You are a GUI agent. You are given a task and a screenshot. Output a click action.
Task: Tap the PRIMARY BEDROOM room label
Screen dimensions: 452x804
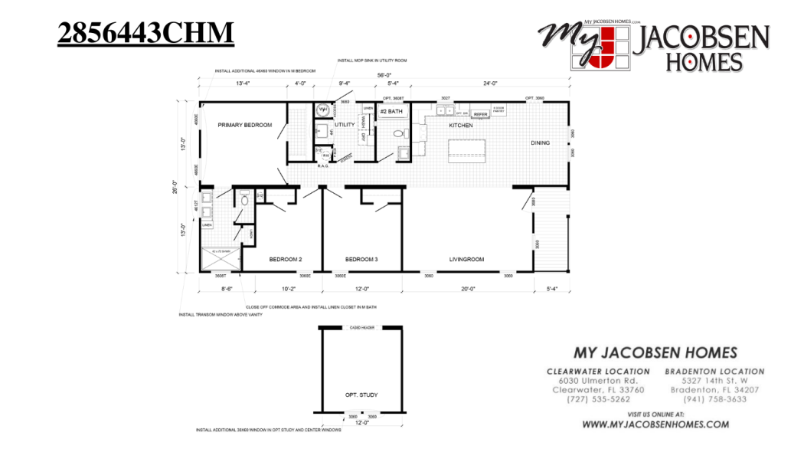pyautogui.click(x=244, y=125)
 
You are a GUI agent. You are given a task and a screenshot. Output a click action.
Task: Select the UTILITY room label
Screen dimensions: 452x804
pyautogui.click(x=345, y=124)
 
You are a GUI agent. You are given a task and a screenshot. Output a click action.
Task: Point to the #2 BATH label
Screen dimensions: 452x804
pyautogui.click(x=391, y=112)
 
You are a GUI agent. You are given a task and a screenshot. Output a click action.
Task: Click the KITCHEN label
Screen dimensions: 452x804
pyautogui.click(x=461, y=125)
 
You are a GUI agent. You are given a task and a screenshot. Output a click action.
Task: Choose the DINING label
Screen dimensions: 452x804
pyautogui.click(x=541, y=142)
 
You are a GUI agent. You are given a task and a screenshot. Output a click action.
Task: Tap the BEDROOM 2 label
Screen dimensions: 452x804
pyautogui.click(x=285, y=260)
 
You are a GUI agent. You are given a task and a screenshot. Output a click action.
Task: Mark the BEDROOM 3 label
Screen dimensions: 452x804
pyautogui.click(x=361, y=260)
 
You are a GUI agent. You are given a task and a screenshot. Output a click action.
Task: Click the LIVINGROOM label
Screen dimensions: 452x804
pyautogui.click(x=466, y=260)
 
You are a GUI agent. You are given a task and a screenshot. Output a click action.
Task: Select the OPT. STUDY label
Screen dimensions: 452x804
pyautogui.click(x=361, y=395)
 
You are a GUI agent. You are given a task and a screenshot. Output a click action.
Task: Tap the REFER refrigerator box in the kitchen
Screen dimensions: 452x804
pyautogui.click(x=481, y=114)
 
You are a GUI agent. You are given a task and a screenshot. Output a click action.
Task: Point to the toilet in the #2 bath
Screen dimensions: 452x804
pyautogui.click(x=398, y=134)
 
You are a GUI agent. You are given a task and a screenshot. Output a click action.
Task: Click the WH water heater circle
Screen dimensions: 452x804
pyautogui.click(x=323, y=110)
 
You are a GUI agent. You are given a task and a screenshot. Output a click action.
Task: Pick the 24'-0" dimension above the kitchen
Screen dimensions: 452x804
pyautogui.click(x=490, y=84)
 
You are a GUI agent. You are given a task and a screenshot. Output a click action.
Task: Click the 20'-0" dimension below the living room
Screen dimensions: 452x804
pyautogui.click(x=468, y=289)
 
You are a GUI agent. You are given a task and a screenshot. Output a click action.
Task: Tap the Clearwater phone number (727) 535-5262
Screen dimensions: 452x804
pyautogui.click(x=598, y=399)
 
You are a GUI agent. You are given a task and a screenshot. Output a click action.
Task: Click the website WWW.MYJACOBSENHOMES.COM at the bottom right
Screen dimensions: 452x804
pyautogui.click(x=655, y=424)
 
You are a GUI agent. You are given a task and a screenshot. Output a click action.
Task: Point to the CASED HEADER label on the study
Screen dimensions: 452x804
pyautogui.click(x=361, y=328)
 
